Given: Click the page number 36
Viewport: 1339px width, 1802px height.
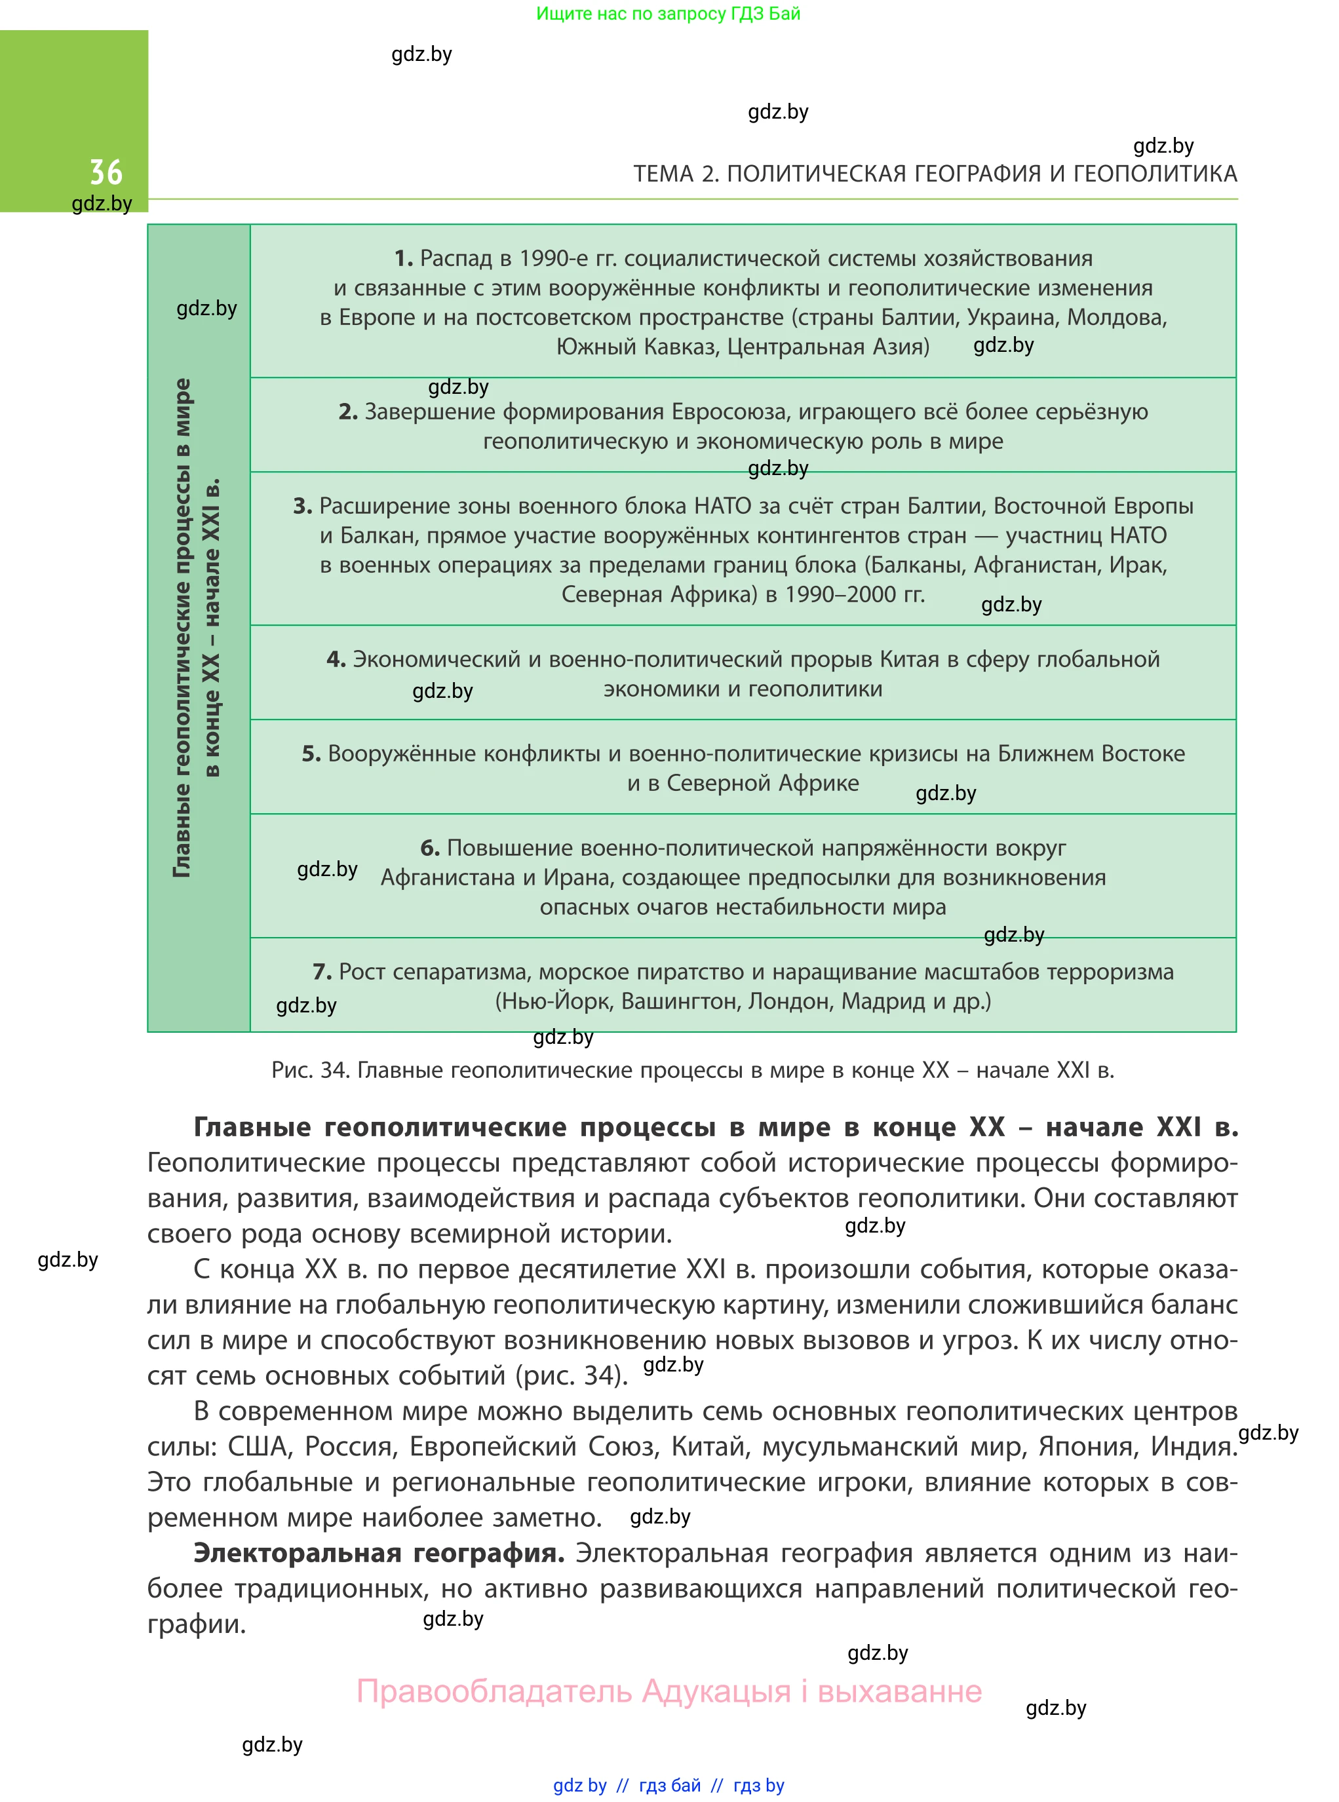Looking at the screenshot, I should tap(106, 172).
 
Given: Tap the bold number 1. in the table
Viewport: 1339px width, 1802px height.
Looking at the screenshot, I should tap(404, 258).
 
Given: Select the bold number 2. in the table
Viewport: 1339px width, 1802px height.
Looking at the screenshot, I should tap(348, 412).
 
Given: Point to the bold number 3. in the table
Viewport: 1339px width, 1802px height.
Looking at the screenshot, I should tap(302, 507).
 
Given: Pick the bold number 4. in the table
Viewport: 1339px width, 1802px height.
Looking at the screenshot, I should tap(336, 660).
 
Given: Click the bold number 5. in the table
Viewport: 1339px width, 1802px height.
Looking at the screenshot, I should tap(311, 754).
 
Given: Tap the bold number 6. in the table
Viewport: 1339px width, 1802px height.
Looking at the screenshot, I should tap(429, 849).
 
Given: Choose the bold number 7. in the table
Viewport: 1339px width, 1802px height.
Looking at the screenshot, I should tap(322, 972).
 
